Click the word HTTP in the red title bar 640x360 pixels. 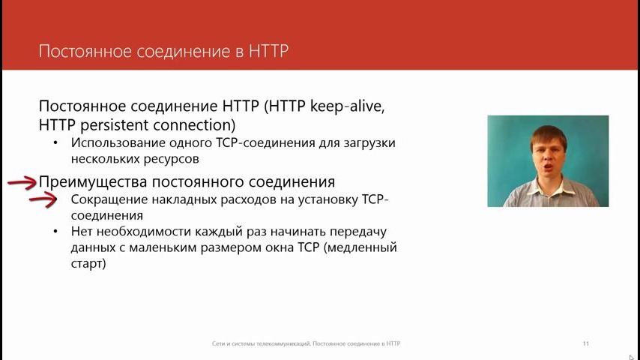coord(268,51)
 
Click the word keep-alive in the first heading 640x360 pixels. coord(347,106)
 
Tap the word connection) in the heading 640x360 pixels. coord(194,125)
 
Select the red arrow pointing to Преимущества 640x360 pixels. coord(22,183)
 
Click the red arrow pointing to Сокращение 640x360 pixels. coord(43,199)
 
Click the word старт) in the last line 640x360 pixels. coord(88,263)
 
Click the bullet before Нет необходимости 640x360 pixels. coord(56,232)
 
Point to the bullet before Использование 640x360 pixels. coord(56,143)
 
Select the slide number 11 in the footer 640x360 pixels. coord(586,343)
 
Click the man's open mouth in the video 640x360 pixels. coord(548,166)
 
